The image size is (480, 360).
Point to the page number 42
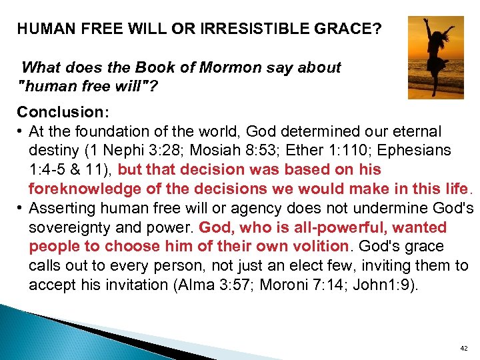[x=464, y=348]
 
